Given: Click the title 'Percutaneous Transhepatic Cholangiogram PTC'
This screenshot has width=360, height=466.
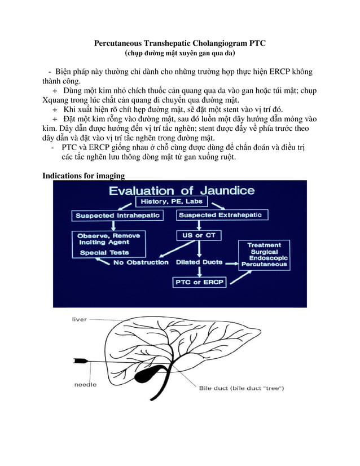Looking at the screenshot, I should (x=179, y=43).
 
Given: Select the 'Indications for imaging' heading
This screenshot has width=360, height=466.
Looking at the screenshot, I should (x=84, y=175).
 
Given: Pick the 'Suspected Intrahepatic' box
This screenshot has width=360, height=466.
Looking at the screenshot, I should (x=118, y=216).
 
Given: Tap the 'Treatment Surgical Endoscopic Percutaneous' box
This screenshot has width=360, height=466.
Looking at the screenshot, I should (x=264, y=254).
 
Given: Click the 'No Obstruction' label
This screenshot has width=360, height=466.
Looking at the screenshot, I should (x=141, y=262).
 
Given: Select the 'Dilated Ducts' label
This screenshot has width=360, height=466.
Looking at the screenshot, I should (x=199, y=262).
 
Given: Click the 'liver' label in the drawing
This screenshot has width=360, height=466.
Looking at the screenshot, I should (x=79, y=319).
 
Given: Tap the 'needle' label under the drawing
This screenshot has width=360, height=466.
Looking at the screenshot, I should (x=85, y=384).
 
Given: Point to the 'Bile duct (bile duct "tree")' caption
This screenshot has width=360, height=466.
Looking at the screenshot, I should (x=241, y=388).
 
